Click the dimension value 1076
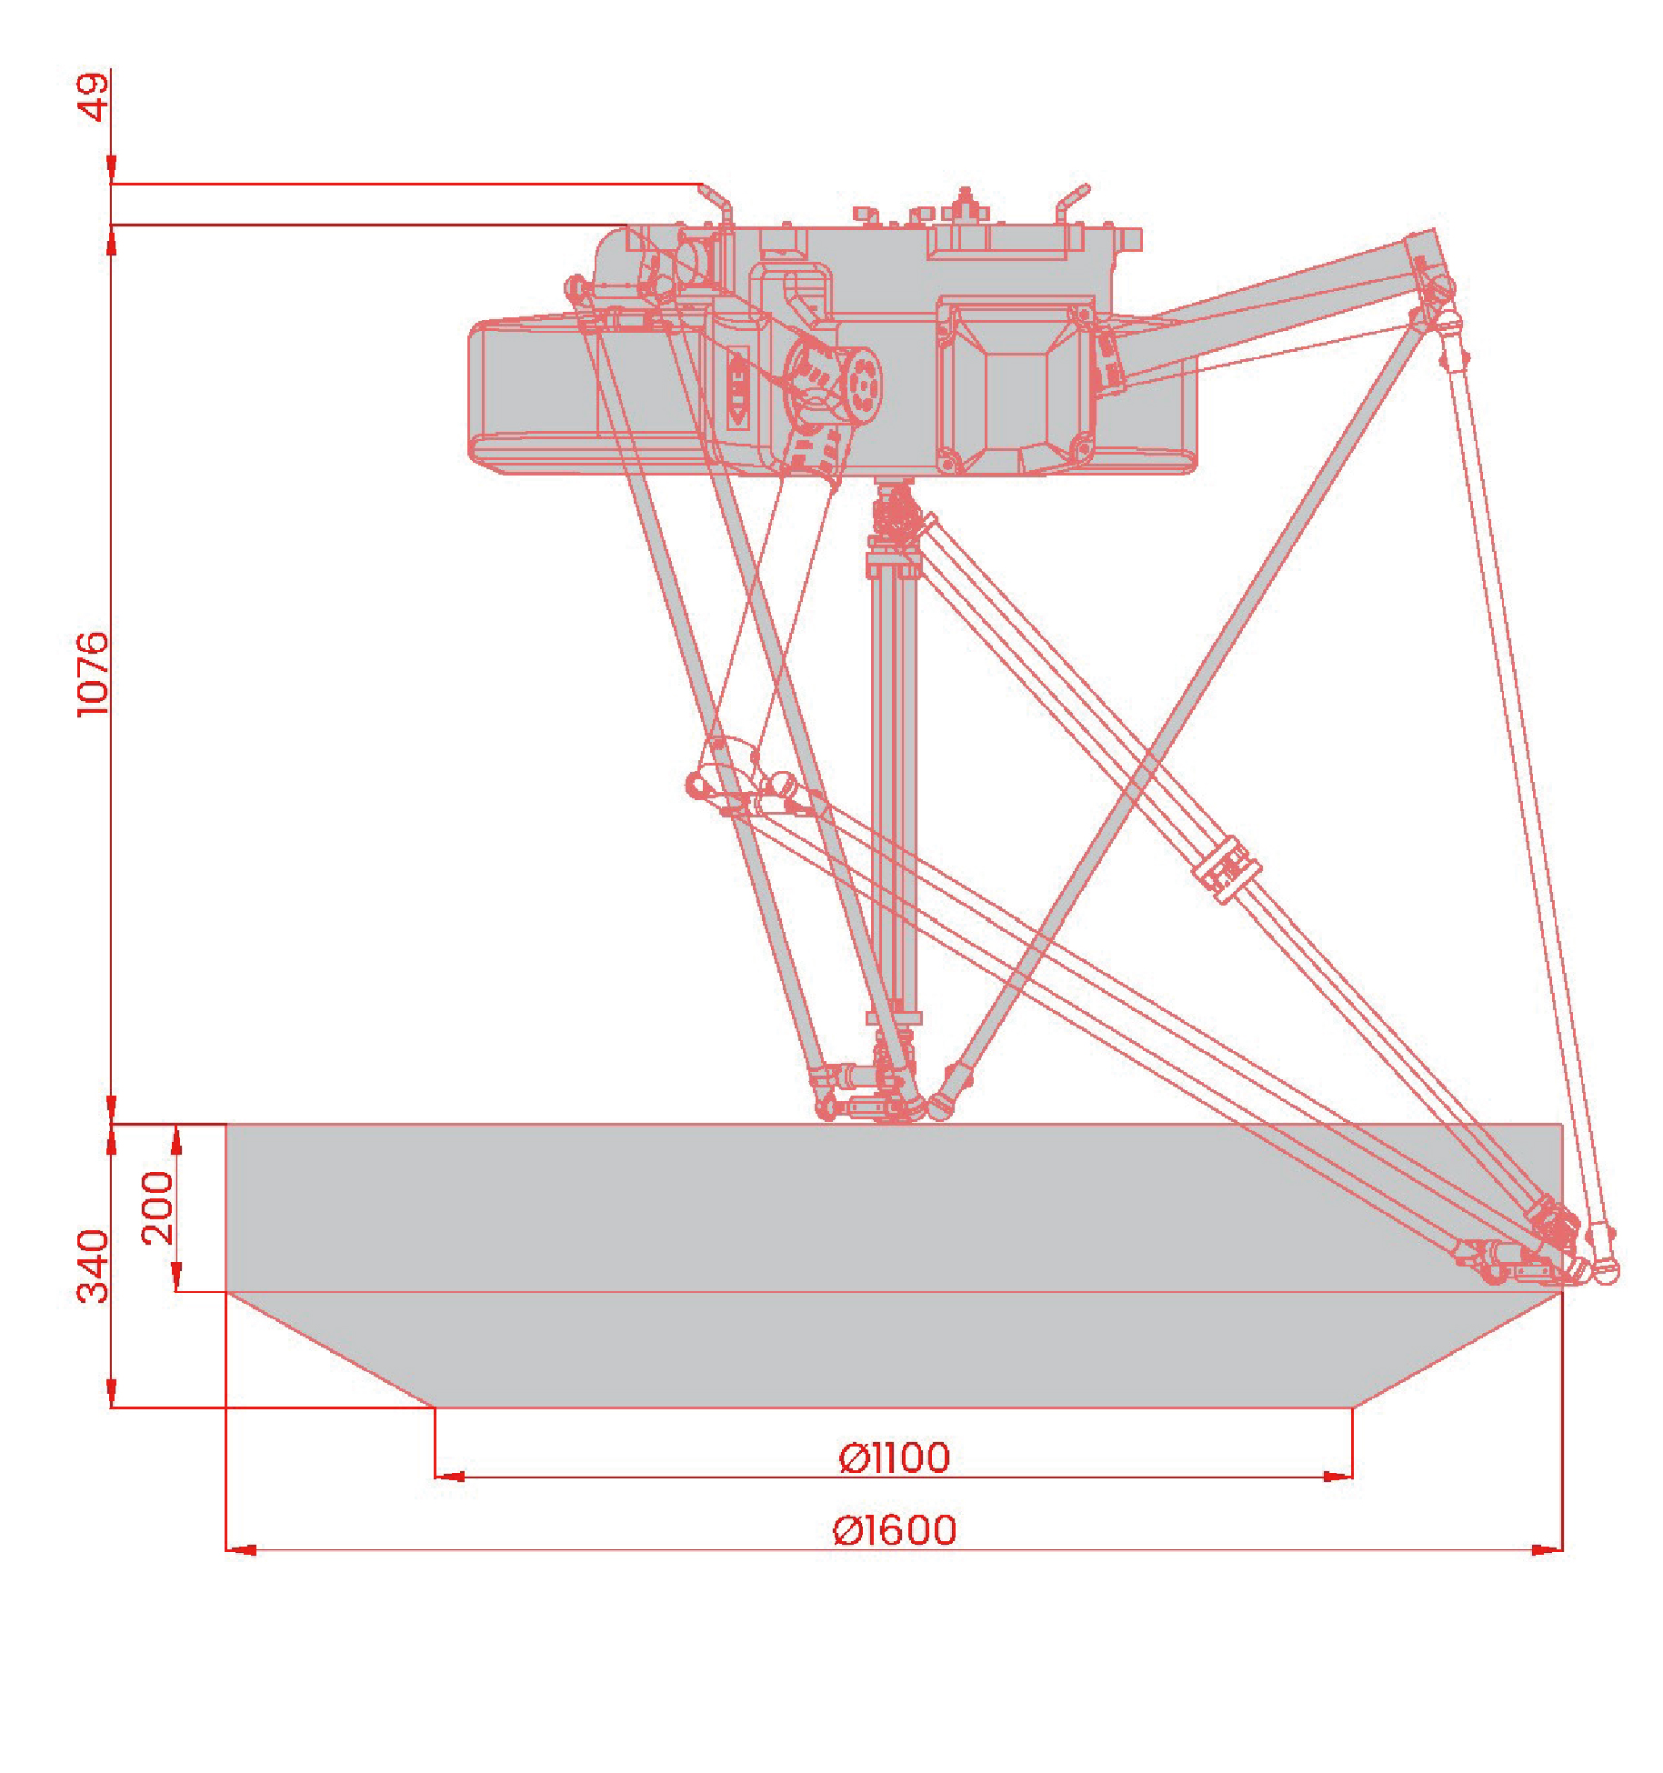pyautogui.click(x=93, y=674)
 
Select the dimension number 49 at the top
pyautogui.click(x=93, y=96)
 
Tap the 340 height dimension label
pyautogui.click(x=93, y=1266)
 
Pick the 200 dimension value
pyautogui.click(x=157, y=1207)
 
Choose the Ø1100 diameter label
pyautogui.click(x=895, y=1457)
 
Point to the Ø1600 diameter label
pyautogui.click(x=895, y=1530)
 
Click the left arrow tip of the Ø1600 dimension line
pyautogui.click(x=226, y=1549)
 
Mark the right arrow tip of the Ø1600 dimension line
pyautogui.click(x=1562, y=1549)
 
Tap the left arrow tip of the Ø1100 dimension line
pyautogui.click(x=436, y=1477)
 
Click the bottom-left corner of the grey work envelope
pyautogui.click(x=436, y=1407)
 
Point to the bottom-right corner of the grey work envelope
pyautogui.click(x=1352, y=1407)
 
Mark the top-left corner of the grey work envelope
pyautogui.click(x=226, y=1125)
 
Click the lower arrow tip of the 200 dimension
pyautogui.click(x=176, y=1290)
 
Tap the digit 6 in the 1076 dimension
pyautogui.click(x=93, y=643)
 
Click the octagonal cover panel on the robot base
pyautogui.click(x=1017, y=385)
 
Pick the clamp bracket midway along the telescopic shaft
pyautogui.click(x=1227, y=869)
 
